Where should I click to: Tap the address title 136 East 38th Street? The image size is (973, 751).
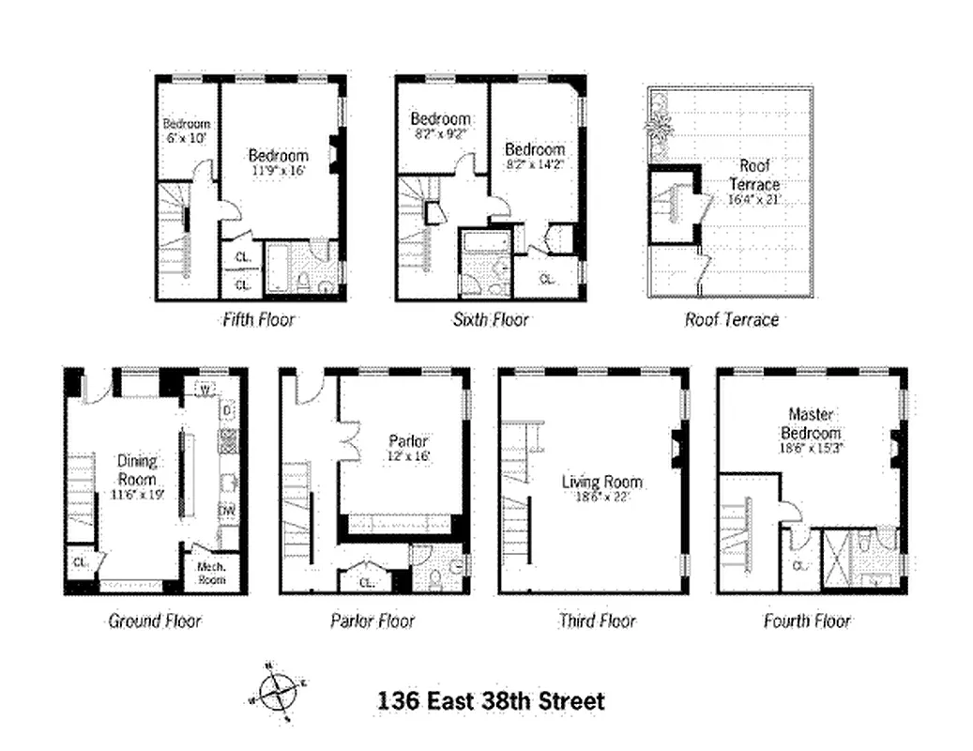[491, 700]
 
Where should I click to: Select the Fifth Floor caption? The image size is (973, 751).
[258, 319]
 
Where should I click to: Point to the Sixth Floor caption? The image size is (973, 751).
[491, 319]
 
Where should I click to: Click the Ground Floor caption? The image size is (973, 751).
[155, 621]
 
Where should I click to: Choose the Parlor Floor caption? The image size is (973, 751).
[372, 621]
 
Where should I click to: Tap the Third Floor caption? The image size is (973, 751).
[597, 621]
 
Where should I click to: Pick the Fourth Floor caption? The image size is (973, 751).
[807, 621]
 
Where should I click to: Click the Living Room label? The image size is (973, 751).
[601, 483]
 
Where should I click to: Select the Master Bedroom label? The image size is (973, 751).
[813, 423]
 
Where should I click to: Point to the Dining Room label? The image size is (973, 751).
[137, 468]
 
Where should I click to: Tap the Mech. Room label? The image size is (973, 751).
[211, 573]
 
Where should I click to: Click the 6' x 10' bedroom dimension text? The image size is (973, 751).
[187, 138]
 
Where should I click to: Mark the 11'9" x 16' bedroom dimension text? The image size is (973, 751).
[279, 171]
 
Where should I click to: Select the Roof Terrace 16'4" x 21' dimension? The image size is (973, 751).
[754, 200]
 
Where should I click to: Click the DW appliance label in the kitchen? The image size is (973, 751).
[227, 511]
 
